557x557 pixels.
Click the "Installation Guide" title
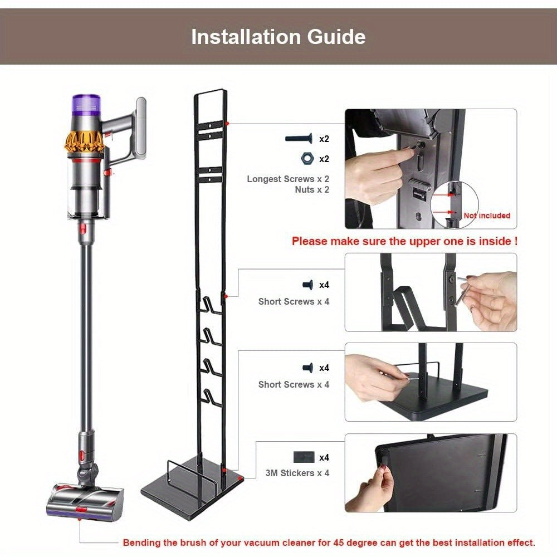coord(278,37)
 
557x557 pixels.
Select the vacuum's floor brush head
coord(86,499)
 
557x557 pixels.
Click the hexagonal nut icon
coord(305,159)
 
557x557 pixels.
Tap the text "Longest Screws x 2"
coord(288,179)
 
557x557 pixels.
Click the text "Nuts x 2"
coord(312,190)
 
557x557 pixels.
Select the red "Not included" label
coord(486,216)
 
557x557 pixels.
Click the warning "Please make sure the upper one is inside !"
coord(404,242)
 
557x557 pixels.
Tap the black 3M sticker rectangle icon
coord(304,457)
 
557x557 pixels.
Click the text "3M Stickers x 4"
coord(297,473)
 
